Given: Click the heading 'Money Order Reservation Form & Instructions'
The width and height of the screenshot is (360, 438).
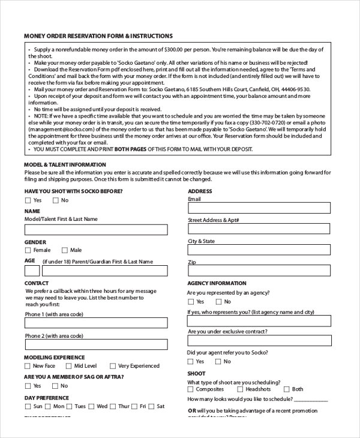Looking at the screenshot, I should click(98, 36).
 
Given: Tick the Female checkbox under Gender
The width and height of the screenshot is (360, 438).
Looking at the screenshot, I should click(28, 250).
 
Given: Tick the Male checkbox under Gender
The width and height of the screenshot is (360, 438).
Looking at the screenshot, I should click(64, 250).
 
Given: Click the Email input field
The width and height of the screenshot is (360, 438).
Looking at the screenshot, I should click(259, 208).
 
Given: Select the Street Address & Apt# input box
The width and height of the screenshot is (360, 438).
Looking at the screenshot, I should click(259, 229).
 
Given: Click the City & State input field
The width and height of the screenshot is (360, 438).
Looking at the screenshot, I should click(259, 250).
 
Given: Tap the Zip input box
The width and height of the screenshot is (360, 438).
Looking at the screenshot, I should click(259, 272).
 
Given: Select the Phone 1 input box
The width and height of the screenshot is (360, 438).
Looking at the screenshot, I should click(96, 323).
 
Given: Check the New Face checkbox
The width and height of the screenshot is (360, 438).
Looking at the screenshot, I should click(28, 366).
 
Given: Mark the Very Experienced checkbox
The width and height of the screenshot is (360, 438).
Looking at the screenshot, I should click(112, 366).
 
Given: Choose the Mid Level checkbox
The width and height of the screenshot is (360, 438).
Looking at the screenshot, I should click(68, 366).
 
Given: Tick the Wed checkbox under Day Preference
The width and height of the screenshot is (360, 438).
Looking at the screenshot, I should click(91, 407).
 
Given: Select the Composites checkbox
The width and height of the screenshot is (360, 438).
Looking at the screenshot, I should click(191, 389).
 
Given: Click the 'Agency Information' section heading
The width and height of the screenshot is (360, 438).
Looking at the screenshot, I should click(217, 283).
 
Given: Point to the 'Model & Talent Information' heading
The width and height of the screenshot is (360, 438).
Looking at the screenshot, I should click(61, 164).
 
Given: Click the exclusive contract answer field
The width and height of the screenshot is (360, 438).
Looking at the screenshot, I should click(259, 341).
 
